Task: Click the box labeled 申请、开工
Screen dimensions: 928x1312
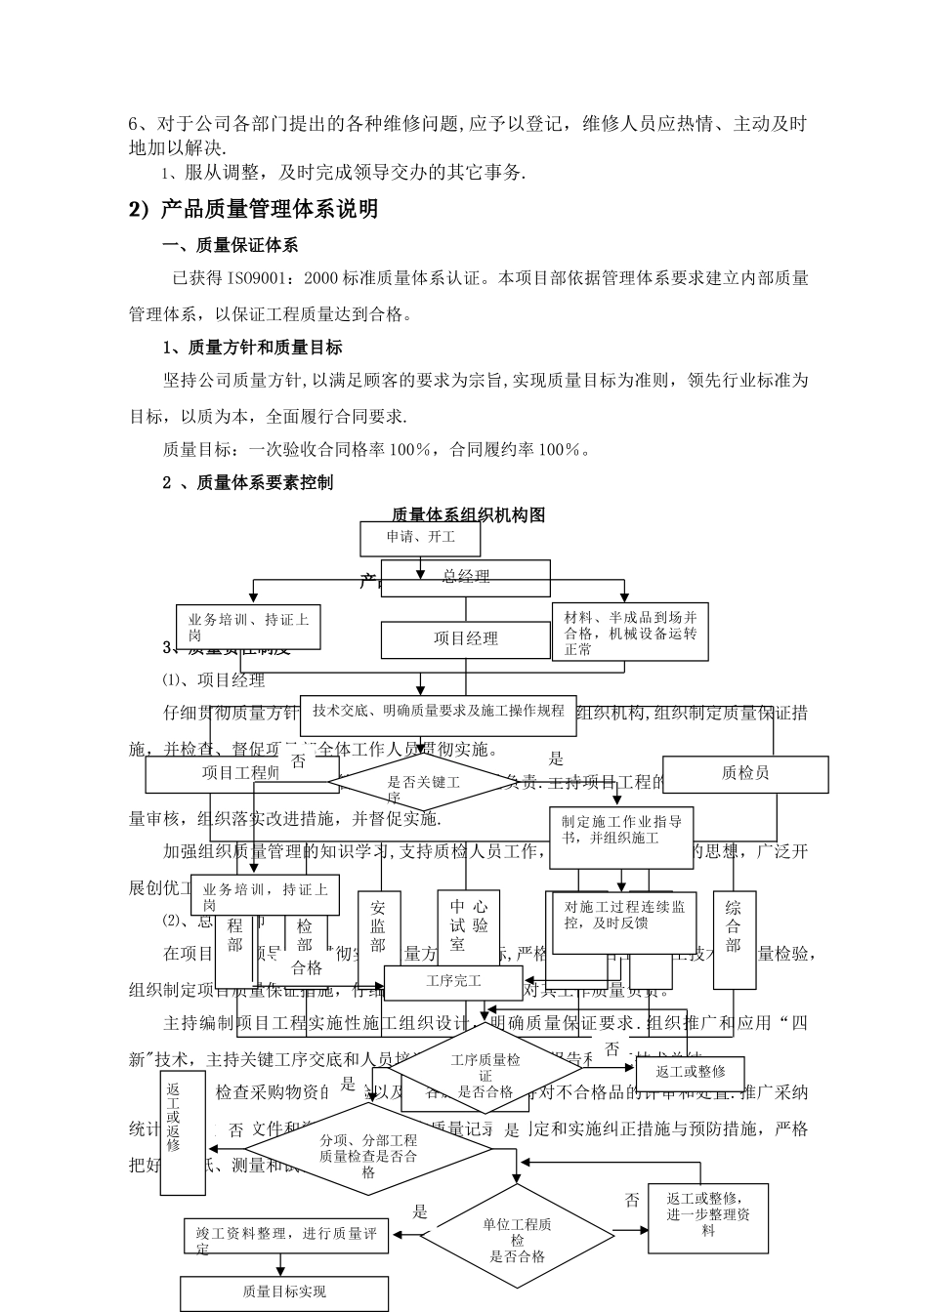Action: [421, 538]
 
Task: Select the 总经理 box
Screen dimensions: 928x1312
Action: [465, 577]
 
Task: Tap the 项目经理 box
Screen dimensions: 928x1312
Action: [465, 639]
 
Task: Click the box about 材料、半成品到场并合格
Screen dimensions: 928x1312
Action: [630, 633]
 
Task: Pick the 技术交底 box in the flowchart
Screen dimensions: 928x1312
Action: [439, 712]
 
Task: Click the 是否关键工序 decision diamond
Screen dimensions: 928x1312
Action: [423, 783]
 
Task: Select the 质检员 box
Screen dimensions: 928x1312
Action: [745, 774]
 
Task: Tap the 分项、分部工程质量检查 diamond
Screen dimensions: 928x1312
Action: [369, 1150]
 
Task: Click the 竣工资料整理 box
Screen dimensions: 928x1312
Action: [286, 1236]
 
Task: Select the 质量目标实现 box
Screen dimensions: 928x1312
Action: [284, 1292]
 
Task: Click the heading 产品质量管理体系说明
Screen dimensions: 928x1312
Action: [253, 209]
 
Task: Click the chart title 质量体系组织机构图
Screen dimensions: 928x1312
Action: [468, 514]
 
